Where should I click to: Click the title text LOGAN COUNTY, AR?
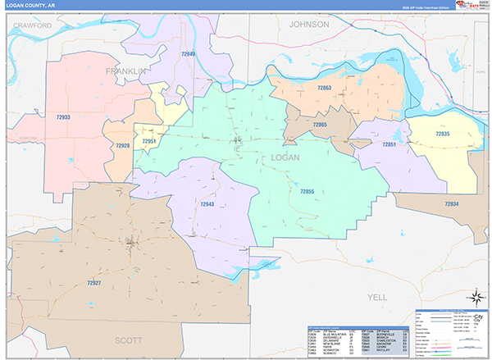[30, 5]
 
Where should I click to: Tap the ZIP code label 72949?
[188, 54]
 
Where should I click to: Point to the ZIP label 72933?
[63, 117]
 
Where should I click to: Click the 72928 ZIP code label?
[122, 145]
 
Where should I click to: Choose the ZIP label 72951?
[148, 141]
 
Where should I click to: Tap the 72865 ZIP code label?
[319, 125]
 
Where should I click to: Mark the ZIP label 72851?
[389, 144]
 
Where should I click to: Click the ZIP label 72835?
[442, 133]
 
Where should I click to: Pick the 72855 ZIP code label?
[307, 191]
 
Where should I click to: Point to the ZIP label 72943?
[207, 203]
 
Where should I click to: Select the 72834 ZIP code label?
[452, 203]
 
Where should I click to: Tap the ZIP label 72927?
[92, 283]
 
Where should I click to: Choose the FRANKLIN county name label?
[125, 72]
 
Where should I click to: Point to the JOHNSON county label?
[309, 25]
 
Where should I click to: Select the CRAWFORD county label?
[33, 26]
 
